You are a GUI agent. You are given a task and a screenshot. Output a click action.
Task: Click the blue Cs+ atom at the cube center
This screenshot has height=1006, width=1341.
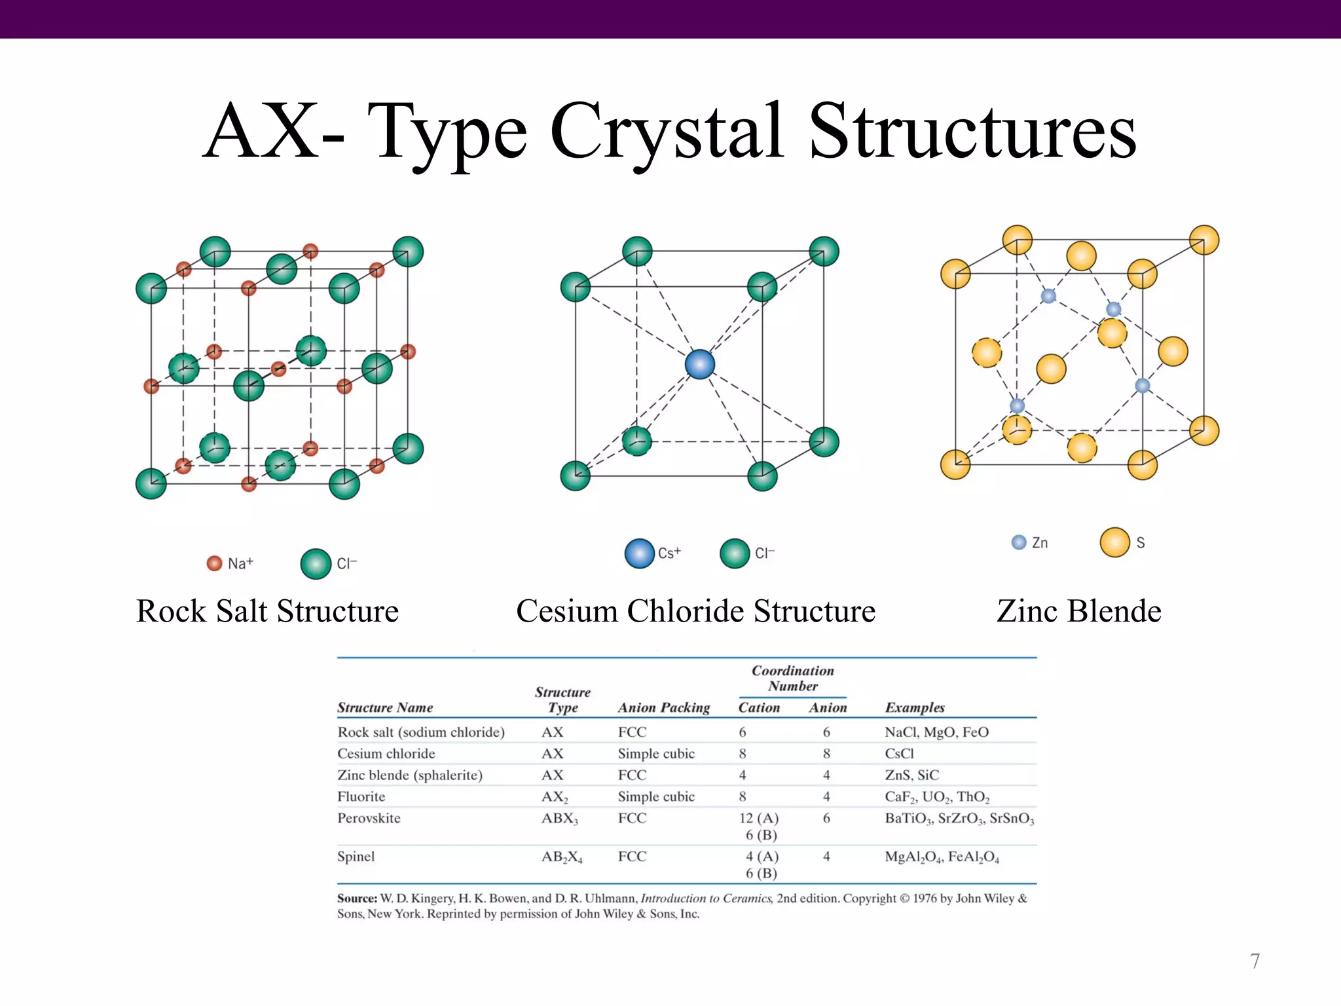(x=699, y=364)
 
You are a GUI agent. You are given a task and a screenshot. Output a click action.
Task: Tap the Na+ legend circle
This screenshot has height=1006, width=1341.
(x=214, y=563)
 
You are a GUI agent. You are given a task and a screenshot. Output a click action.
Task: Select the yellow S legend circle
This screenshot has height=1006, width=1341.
(x=1114, y=542)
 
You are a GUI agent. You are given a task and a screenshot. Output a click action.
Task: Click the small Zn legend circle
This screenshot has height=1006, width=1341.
(x=1019, y=542)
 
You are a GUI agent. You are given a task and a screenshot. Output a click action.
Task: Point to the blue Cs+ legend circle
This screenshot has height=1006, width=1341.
(x=639, y=553)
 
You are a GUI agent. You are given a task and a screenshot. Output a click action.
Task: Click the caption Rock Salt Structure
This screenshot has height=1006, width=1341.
(x=267, y=611)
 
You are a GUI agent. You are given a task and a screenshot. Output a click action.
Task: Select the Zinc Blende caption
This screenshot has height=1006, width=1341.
(x=1078, y=611)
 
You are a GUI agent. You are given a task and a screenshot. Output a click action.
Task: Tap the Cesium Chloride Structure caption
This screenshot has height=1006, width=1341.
(x=695, y=611)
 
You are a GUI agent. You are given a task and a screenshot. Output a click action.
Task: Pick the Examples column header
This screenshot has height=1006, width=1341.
(x=915, y=707)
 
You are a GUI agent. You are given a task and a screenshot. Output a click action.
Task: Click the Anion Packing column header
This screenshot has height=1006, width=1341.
(x=663, y=707)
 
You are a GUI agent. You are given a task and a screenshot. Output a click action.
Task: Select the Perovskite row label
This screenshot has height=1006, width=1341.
(x=369, y=818)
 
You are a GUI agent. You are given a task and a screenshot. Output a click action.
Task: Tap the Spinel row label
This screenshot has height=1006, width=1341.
(x=356, y=856)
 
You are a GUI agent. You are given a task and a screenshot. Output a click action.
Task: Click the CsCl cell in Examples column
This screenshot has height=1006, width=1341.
(x=899, y=753)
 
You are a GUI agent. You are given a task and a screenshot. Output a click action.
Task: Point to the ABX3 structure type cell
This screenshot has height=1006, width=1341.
(x=559, y=819)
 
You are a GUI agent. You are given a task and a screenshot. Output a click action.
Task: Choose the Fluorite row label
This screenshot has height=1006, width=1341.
(x=361, y=796)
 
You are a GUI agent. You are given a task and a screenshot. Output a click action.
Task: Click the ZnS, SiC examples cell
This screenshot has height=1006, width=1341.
(x=911, y=775)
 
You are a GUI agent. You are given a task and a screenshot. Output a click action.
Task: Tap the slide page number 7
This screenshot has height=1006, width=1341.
(x=1255, y=961)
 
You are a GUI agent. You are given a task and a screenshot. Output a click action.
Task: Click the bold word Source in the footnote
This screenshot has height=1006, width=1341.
(x=357, y=899)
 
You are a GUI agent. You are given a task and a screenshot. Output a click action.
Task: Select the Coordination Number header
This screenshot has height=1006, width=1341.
(x=792, y=679)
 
